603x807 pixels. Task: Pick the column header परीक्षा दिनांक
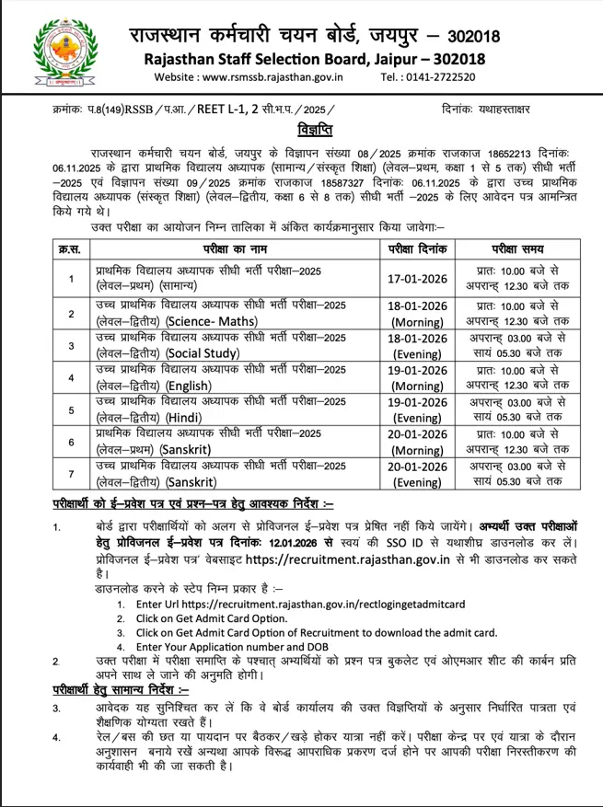(418, 249)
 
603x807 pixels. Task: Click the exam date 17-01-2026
(418, 279)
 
